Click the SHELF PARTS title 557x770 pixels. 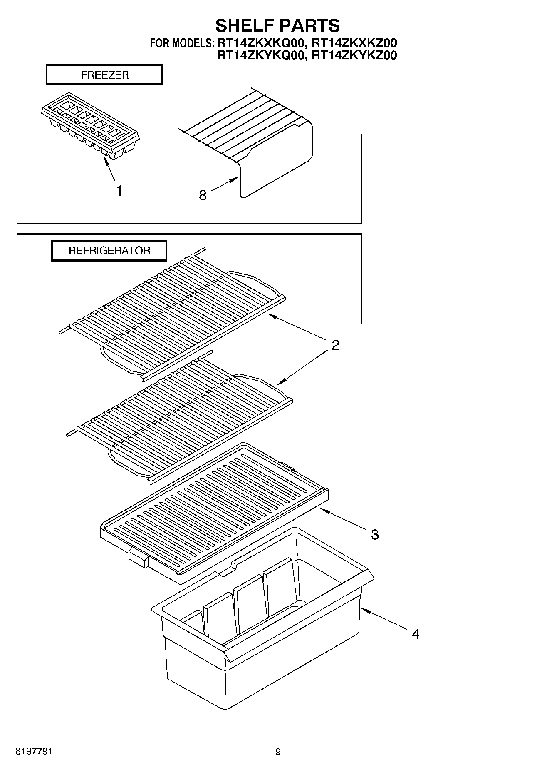click(x=277, y=25)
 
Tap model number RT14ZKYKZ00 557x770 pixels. click(x=354, y=55)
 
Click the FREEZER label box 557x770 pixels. click(x=104, y=75)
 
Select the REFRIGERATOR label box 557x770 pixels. click(x=109, y=251)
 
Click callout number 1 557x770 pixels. click(x=119, y=191)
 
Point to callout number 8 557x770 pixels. click(x=203, y=195)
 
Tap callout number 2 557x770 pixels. click(x=335, y=345)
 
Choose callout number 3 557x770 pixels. click(x=375, y=535)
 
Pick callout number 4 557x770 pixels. click(x=415, y=634)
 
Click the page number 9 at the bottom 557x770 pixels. click(x=278, y=752)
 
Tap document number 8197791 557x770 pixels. click(x=34, y=751)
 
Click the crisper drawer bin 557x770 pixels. click(x=258, y=625)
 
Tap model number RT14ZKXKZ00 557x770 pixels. click(x=354, y=43)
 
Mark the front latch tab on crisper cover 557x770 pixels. click(x=138, y=557)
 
